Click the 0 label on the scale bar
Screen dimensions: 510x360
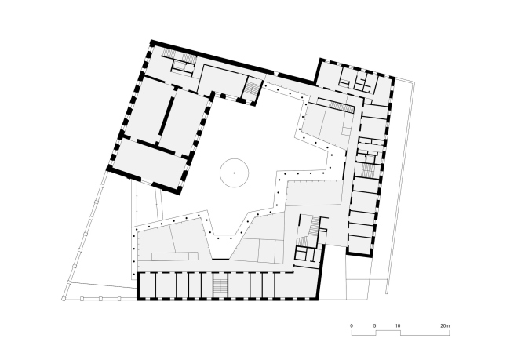(352, 325)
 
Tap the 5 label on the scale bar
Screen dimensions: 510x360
(374, 325)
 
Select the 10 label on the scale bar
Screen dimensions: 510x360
(398, 325)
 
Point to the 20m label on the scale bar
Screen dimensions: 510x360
(446, 325)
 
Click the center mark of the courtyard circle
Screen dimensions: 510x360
(234, 173)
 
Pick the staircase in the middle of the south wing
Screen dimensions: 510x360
(220, 285)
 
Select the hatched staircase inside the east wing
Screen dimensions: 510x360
(367, 170)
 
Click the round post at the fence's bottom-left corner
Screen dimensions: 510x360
(64, 299)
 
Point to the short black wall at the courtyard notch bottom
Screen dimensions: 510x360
(220, 259)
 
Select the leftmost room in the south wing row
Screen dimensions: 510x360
(147, 285)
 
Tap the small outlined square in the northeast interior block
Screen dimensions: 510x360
(346, 131)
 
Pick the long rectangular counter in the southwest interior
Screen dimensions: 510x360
(175, 256)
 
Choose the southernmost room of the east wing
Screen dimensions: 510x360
(360, 244)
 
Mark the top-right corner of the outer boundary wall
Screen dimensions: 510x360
(414, 82)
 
